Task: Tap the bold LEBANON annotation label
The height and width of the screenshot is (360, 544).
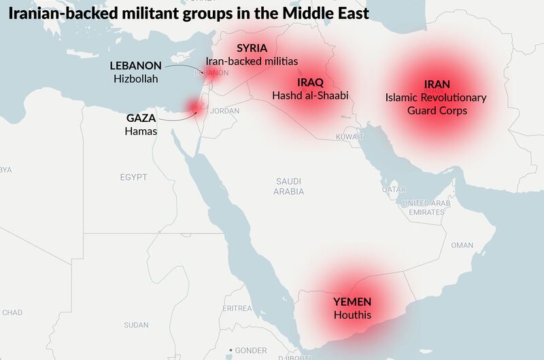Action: tap(136, 66)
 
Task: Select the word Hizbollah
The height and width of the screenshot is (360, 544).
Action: tap(136, 79)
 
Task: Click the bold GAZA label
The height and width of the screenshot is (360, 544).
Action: tap(141, 118)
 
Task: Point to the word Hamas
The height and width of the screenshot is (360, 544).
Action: tap(141, 131)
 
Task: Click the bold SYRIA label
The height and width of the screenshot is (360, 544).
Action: tap(252, 48)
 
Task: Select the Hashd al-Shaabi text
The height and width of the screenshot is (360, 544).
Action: tap(310, 95)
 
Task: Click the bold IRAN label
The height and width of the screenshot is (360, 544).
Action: tap(437, 84)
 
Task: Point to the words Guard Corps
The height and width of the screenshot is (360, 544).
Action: tap(437, 110)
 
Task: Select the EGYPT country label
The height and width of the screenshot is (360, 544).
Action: tap(133, 177)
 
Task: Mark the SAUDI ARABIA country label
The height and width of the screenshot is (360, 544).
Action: tap(289, 186)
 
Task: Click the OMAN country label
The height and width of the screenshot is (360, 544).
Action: tap(462, 245)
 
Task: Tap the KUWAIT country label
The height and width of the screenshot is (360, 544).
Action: tap(350, 137)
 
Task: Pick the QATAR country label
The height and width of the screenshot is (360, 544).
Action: tap(394, 189)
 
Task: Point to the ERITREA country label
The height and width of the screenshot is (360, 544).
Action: tap(237, 308)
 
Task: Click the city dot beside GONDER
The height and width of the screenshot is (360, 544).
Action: tap(231, 350)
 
